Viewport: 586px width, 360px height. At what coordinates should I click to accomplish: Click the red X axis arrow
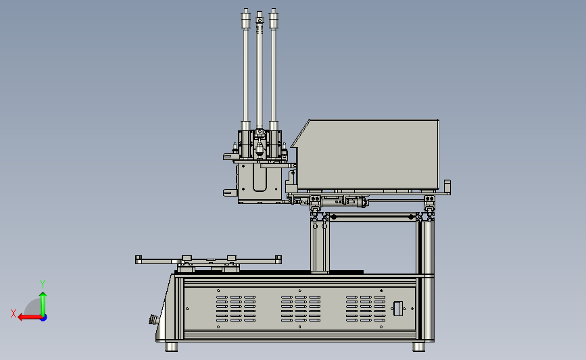coord(30,317)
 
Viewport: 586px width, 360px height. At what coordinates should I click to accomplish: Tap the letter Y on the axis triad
coord(43,284)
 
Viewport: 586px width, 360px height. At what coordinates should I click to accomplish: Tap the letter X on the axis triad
coord(14,313)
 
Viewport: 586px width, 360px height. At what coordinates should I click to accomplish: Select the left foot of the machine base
coord(171,346)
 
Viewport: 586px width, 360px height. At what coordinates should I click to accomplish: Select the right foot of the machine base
coord(418,346)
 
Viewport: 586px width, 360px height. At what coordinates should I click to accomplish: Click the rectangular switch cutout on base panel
coord(398,309)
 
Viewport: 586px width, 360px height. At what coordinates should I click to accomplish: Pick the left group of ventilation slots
coord(236,309)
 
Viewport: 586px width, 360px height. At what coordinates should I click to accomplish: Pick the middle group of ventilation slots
coord(301,309)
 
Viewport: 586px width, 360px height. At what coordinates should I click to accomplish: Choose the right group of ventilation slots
coord(366,309)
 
